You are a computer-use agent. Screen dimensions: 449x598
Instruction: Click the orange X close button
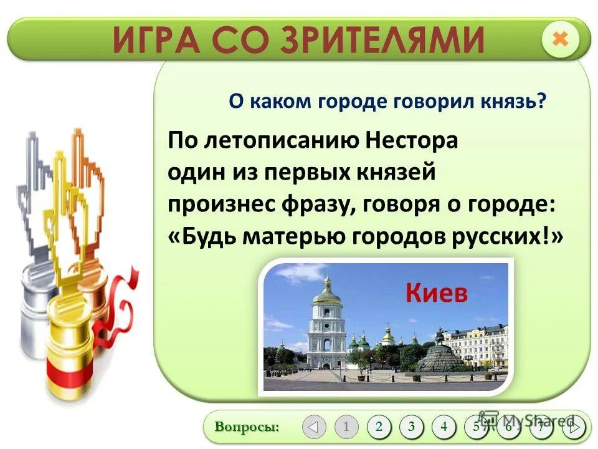coord(560,39)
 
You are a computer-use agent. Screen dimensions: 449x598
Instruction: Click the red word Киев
coord(436,293)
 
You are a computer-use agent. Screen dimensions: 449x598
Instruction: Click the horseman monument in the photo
coord(441,337)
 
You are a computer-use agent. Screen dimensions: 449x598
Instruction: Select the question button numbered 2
coord(379,427)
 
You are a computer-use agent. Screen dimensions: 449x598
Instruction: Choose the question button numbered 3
coord(411,427)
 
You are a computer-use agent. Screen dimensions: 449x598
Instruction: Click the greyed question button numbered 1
coord(346,427)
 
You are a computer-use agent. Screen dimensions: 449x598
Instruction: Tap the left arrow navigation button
coord(314,427)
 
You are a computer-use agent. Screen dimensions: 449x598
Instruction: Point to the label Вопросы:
coord(247,427)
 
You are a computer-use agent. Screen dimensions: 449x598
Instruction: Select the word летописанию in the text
coord(277,140)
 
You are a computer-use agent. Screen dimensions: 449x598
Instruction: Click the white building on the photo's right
coord(477,346)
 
